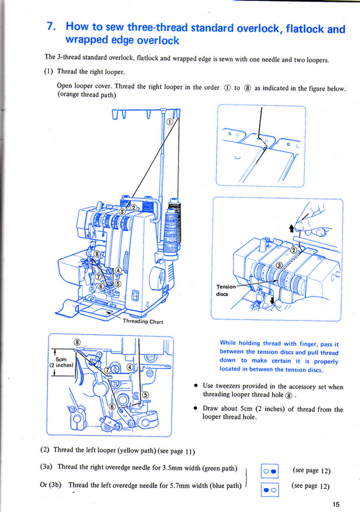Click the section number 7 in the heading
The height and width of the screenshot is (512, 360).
click(x=50, y=26)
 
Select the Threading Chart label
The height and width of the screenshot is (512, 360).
click(x=143, y=321)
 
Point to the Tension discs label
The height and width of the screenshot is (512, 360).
click(x=225, y=290)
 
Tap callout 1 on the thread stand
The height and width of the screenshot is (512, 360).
click(x=169, y=121)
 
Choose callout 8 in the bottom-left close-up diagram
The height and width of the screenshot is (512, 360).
click(x=77, y=341)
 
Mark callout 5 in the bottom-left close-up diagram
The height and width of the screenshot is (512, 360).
click(x=145, y=394)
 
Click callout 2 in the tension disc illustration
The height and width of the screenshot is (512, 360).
click(x=294, y=248)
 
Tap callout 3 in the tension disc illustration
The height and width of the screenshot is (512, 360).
click(x=279, y=264)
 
